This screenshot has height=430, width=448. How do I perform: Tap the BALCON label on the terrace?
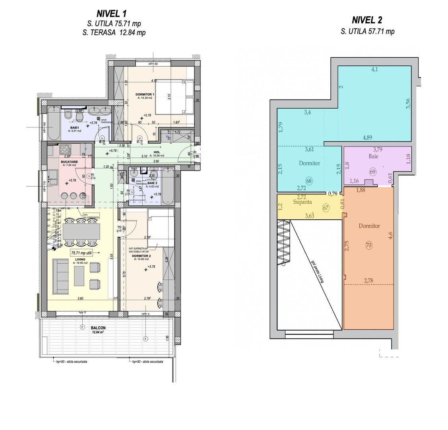pyautogui.click(x=98, y=327)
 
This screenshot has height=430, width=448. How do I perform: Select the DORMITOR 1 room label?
pyautogui.click(x=142, y=94)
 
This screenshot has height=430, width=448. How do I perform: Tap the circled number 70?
pyautogui.click(x=368, y=245)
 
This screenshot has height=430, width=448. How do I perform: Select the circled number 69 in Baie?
pyautogui.click(x=372, y=172)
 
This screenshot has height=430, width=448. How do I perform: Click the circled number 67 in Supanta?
pyautogui.click(x=326, y=207)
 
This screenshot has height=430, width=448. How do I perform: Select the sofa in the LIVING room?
pyautogui.click(x=62, y=275)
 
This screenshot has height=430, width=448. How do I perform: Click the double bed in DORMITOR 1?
pyautogui.click(x=174, y=97)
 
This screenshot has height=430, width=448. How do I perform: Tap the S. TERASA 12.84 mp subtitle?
pyautogui.click(x=114, y=33)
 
